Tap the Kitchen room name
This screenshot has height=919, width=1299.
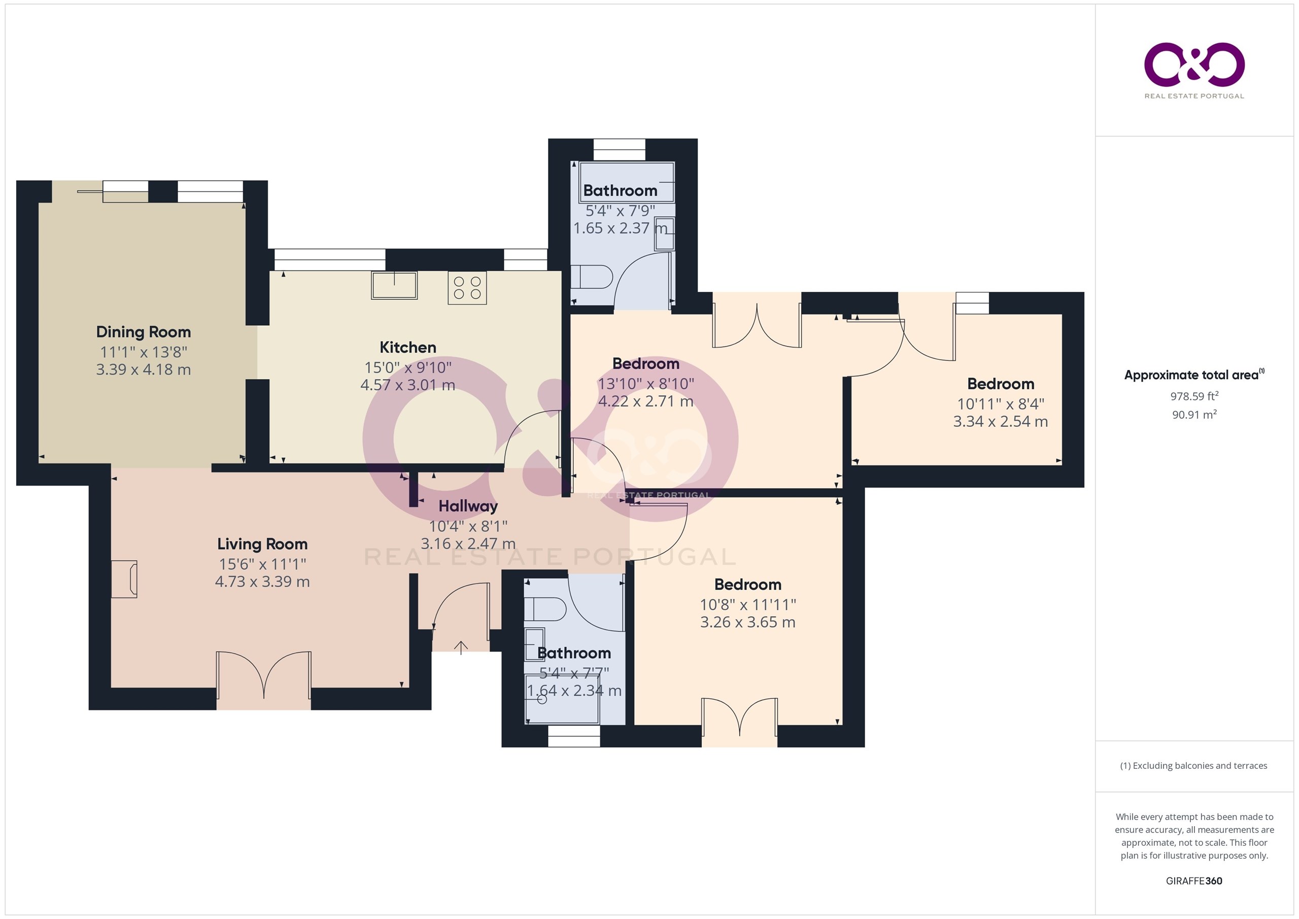click(x=407, y=347)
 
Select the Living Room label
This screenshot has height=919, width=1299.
click(x=262, y=544)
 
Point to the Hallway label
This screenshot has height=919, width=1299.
click(x=468, y=506)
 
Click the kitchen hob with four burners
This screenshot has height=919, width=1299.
click(x=467, y=287)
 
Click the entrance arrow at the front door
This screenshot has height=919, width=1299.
click(x=461, y=648)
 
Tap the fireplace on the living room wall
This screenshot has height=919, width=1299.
click(x=124, y=579)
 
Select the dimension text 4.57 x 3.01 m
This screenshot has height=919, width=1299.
click(x=407, y=385)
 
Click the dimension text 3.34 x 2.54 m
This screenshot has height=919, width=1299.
click(x=1000, y=422)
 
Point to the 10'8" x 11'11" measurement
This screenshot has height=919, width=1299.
click(x=747, y=604)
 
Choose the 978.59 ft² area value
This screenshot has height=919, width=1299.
click(x=1194, y=396)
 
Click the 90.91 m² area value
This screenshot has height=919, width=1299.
click(x=1194, y=414)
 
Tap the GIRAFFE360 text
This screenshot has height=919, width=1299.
click(x=1194, y=880)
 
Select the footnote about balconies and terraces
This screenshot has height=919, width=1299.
click(x=1194, y=766)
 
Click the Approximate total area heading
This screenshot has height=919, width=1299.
click(x=1194, y=375)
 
